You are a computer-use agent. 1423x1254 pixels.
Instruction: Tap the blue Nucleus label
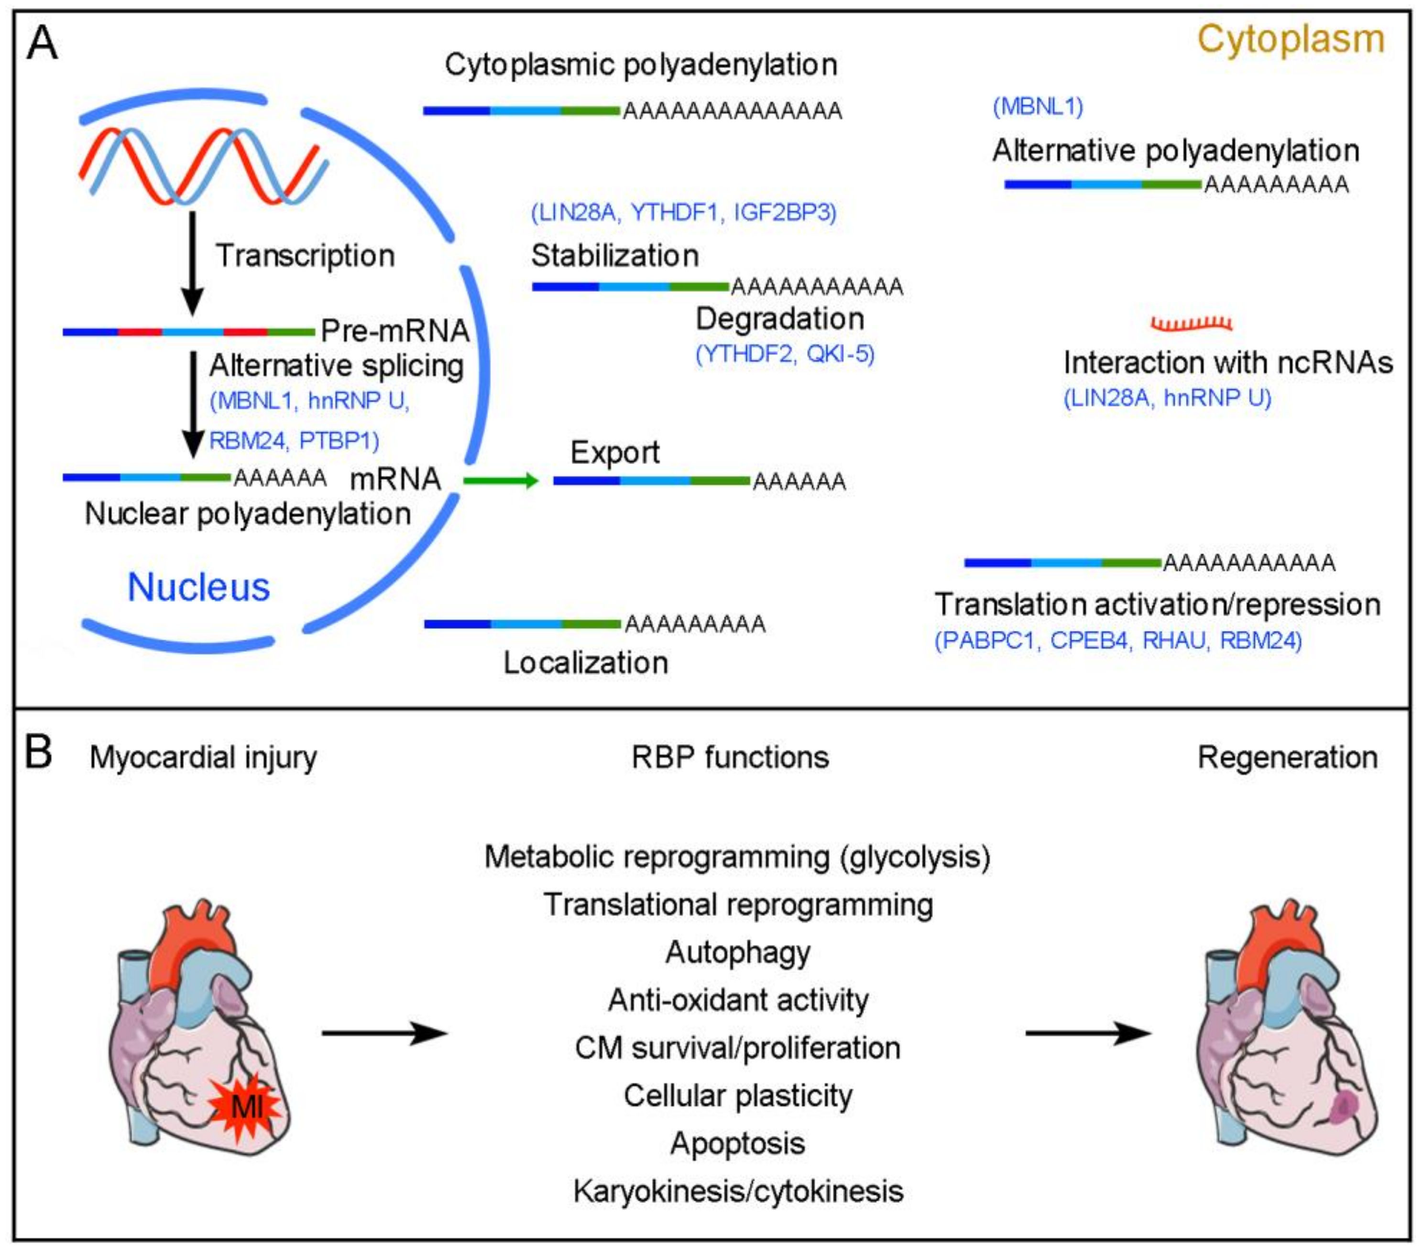(198, 587)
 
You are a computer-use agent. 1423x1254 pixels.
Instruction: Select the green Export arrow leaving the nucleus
(501, 480)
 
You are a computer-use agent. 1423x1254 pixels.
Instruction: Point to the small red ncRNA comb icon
(1191, 324)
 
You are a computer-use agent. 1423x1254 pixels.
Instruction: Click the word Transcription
(305, 255)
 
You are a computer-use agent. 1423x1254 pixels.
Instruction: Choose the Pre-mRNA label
(395, 331)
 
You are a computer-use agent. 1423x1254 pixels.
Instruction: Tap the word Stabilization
(615, 255)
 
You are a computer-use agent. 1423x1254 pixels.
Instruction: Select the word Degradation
(780, 319)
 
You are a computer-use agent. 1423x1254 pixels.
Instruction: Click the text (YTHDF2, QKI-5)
(785, 354)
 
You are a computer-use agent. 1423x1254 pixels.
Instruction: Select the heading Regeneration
(1287, 757)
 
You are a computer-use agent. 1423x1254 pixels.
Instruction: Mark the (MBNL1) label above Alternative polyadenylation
(1038, 107)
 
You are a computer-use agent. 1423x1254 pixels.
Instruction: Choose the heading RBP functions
(730, 757)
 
